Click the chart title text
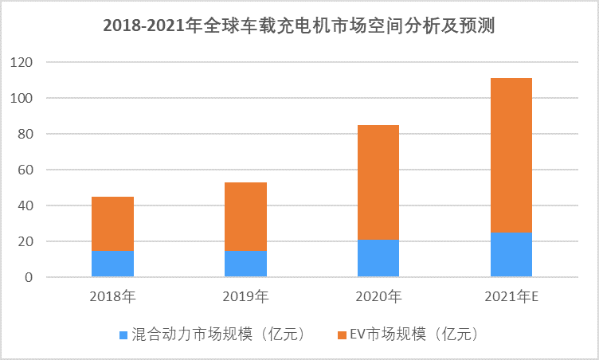coord(299,26)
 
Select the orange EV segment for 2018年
coord(112,224)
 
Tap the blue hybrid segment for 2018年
coord(112,264)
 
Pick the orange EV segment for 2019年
coord(245,217)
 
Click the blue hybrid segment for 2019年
coord(245,264)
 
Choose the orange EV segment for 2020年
coord(378,182)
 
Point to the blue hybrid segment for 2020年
coord(378,259)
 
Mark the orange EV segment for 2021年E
coord(511,155)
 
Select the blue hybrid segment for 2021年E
coord(511,255)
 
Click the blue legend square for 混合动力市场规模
coord(123,335)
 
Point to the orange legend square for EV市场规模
coord(342,335)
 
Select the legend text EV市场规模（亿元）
coord(415,335)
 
